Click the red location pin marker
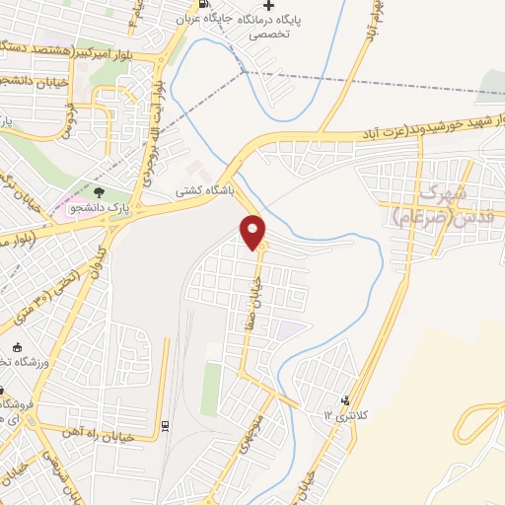(x=253, y=233)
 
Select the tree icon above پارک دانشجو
(x=97, y=191)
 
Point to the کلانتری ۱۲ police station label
(x=356, y=416)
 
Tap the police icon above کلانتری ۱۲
(x=344, y=399)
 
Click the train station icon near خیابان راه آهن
(x=164, y=425)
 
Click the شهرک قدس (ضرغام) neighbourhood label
(x=434, y=204)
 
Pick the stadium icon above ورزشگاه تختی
(x=17, y=346)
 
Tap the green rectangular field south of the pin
(x=211, y=389)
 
